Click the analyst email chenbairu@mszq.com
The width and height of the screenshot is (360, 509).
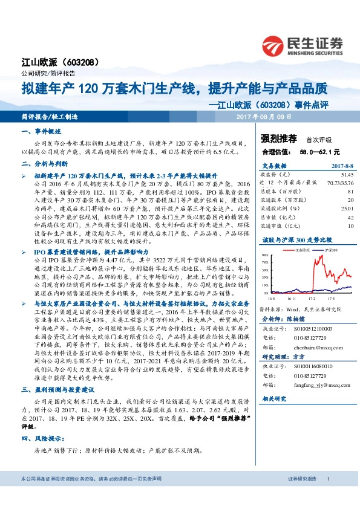coord(312,348)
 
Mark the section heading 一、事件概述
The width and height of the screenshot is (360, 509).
coord(41,131)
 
